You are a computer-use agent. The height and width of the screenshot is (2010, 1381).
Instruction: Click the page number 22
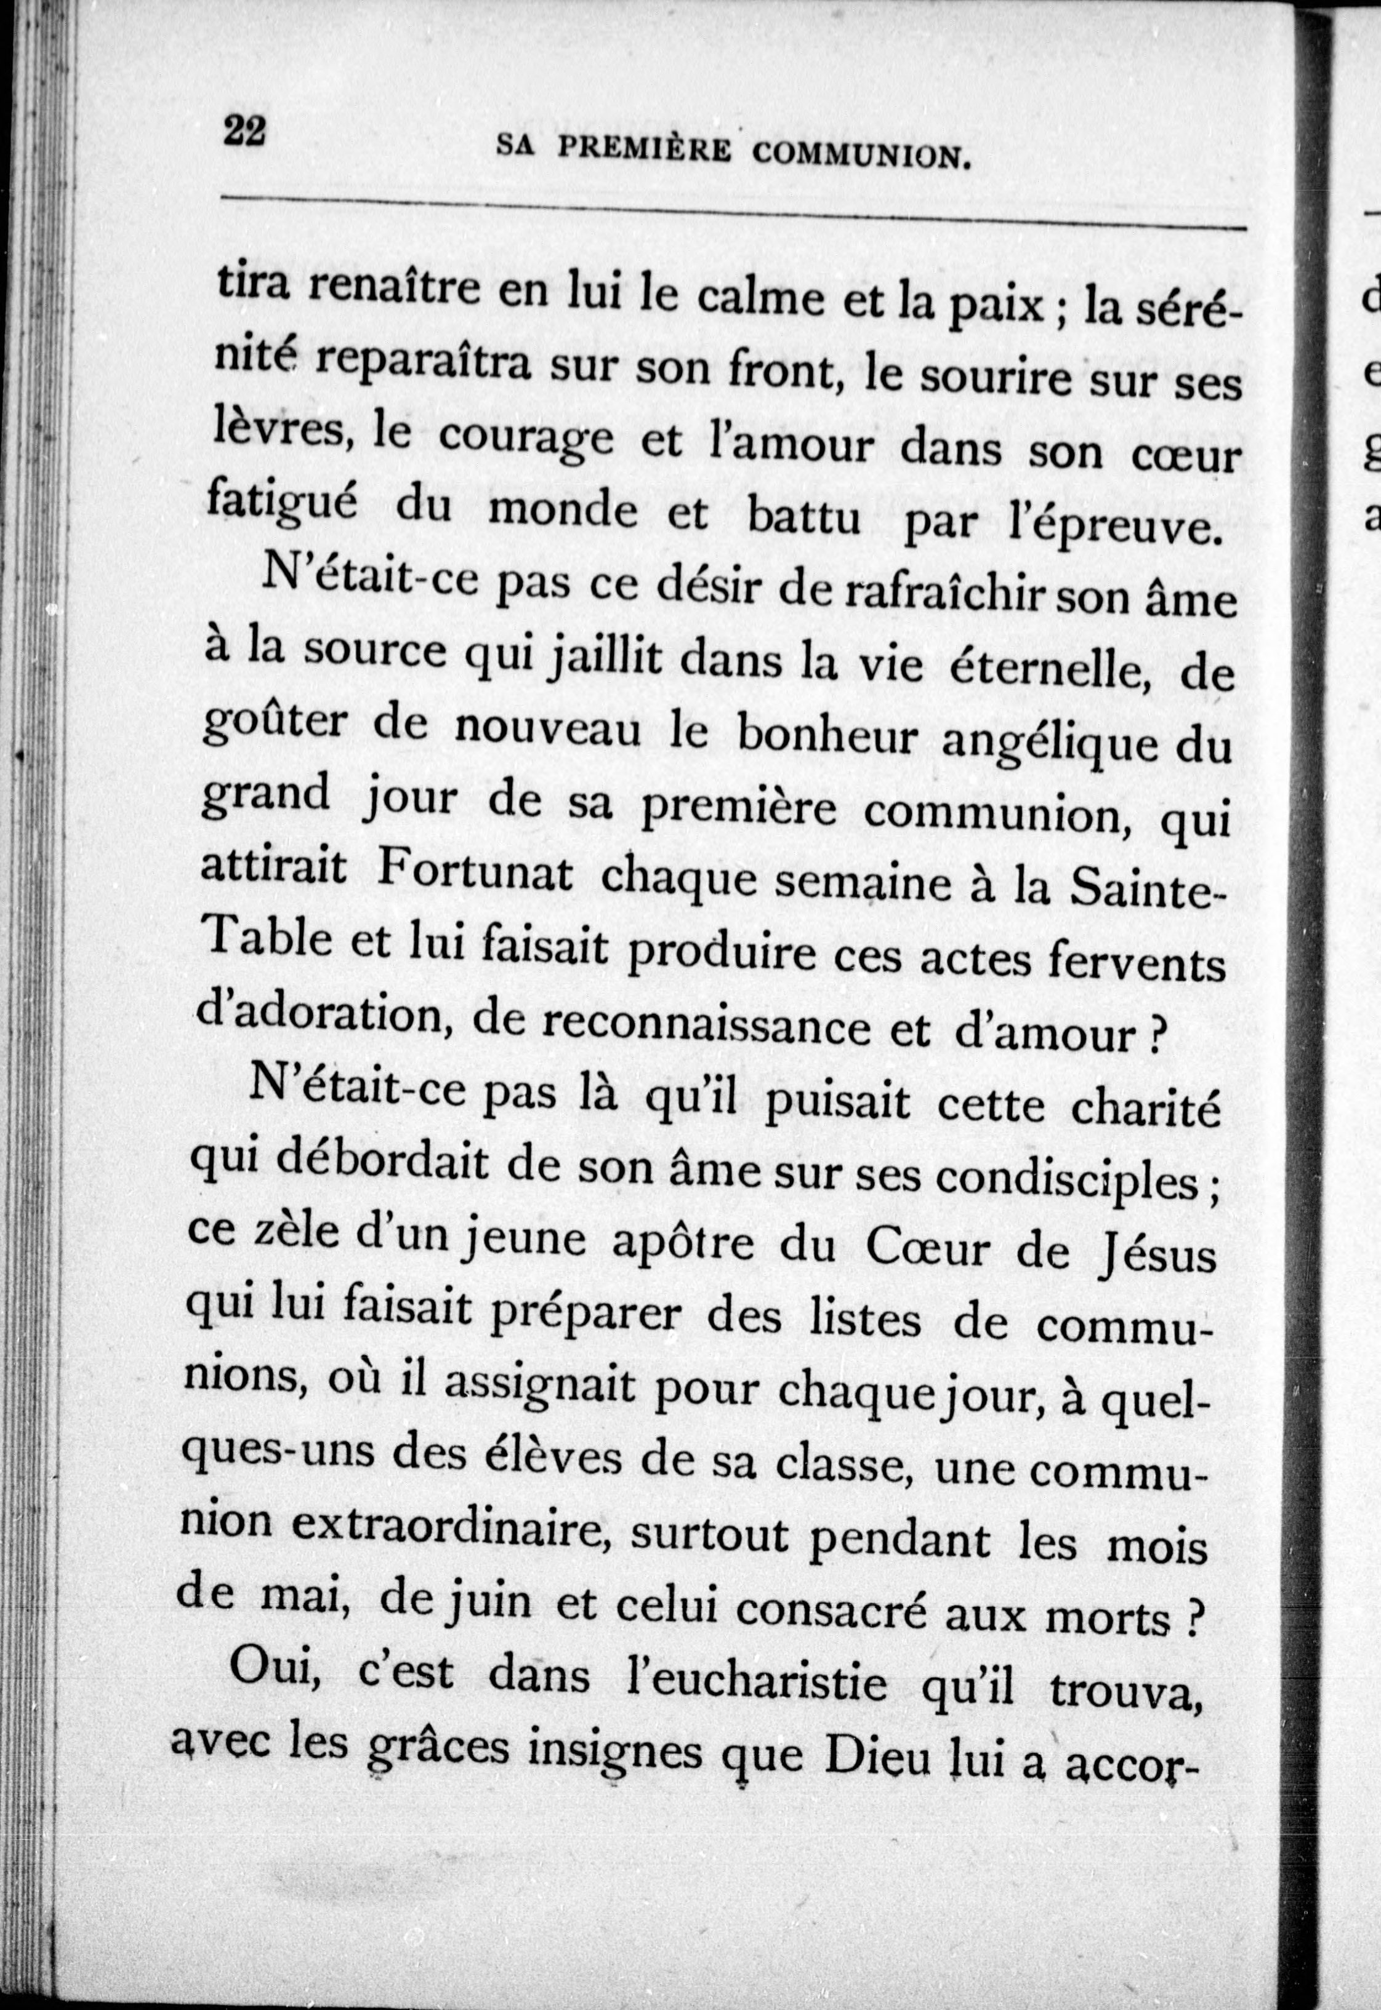(x=246, y=134)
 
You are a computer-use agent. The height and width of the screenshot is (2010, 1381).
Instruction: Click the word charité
(x=1146, y=1111)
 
